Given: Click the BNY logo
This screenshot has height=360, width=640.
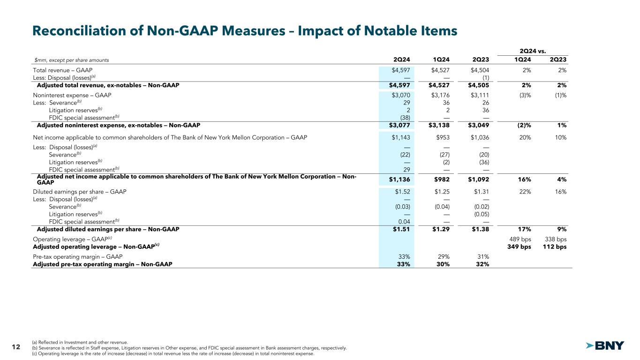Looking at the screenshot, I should click(x=605, y=345).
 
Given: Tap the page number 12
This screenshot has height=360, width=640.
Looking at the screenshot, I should click(x=15, y=347).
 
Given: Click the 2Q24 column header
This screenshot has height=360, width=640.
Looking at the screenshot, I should click(x=402, y=60).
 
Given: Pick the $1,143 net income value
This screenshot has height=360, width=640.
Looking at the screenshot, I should click(x=402, y=137).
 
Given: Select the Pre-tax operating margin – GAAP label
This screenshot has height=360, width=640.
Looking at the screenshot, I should click(x=78, y=256).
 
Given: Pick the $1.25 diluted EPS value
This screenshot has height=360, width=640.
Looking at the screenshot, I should click(x=441, y=191).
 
